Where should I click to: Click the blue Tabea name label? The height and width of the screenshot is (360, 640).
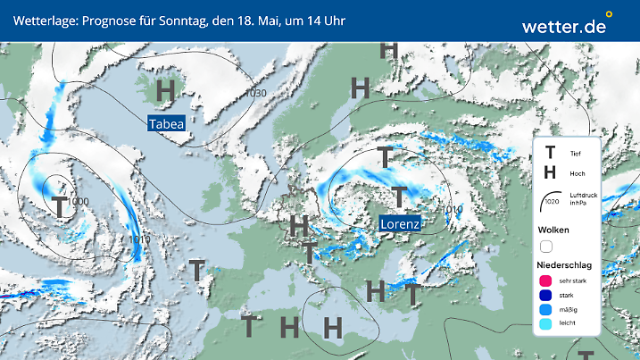pyautogui.click(x=166, y=124)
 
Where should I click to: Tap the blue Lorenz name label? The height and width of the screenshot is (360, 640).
pyautogui.click(x=401, y=222)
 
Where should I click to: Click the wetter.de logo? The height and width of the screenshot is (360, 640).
pyautogui.click(x=563, y=27)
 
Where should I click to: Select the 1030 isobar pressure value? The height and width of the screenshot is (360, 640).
pyautogui.click(x=256, y=94)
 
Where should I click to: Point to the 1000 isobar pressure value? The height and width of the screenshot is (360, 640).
pyautogui.click(x=78, y=202)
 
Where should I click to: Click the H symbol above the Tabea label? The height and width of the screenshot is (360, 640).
pyautogui.click(x=165, y=91)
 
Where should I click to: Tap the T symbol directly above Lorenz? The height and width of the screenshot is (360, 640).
pyautogui.click(x=399, y=197)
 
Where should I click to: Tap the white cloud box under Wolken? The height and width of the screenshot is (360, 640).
pyautogui.click(x=547, y=246)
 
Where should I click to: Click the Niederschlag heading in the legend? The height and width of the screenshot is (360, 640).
pyautogui.click(x=563, y=265)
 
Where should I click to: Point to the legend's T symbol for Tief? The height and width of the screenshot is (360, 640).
pyautogui.click(x=550, y=153)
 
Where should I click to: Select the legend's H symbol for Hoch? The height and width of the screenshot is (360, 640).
pyautogui.click(x=550, y=172)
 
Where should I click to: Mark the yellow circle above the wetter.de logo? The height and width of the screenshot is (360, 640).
pyautogui.click(x=609, y=14)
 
